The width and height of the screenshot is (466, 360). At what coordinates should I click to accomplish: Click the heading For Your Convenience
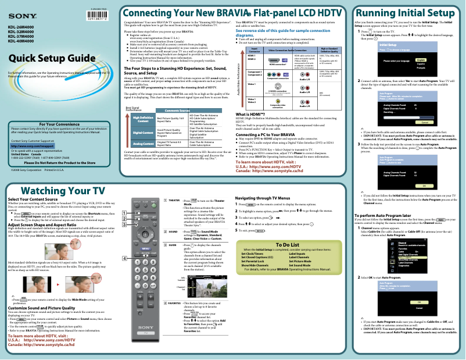click(58, 108)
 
